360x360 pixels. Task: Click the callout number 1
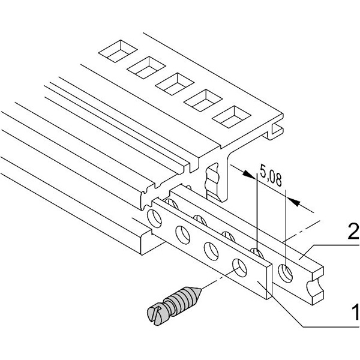point(355,312)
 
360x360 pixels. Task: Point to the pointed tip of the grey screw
point(201,289)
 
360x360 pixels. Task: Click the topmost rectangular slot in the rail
point(118,51)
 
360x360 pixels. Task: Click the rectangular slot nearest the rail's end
point(231,116)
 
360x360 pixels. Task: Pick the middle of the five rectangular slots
point(175,84)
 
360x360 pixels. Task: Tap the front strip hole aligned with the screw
point(239,268)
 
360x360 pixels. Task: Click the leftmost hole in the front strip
point(155,218)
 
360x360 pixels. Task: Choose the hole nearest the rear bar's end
point(286,273)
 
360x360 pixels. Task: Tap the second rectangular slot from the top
point(146,67)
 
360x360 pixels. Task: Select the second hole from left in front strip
point(183,235)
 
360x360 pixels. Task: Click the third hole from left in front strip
point(211,251)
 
